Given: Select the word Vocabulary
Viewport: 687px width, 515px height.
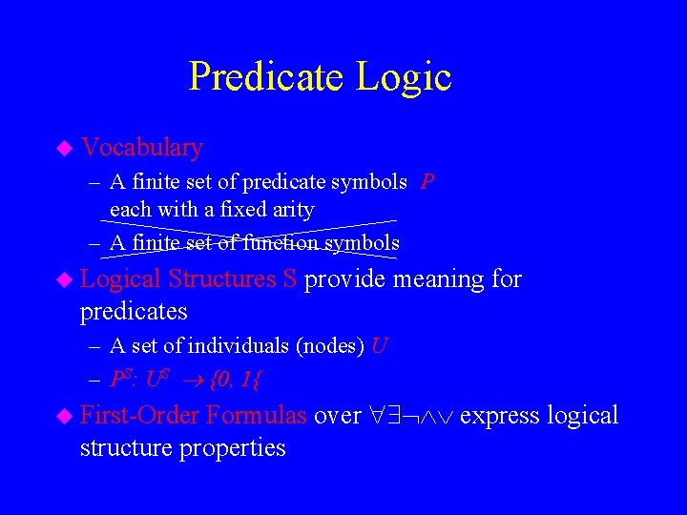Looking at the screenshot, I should point(142,148).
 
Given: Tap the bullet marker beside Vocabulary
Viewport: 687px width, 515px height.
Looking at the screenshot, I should point(64,149).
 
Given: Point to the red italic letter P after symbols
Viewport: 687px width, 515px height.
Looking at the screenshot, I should point(427,182).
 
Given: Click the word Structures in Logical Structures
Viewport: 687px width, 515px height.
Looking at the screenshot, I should point(221,279).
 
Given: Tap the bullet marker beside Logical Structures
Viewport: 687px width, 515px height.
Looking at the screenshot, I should point(64,280).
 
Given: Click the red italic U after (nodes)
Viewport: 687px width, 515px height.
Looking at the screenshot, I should point(379,346).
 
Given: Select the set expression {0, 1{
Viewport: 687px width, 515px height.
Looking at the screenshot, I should point(238,380).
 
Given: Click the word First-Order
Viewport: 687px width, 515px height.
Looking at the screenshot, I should point(140,416).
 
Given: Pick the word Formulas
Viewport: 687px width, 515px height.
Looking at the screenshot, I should point(256,416).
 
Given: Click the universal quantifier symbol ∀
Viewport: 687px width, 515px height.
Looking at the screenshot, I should point(378,417).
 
